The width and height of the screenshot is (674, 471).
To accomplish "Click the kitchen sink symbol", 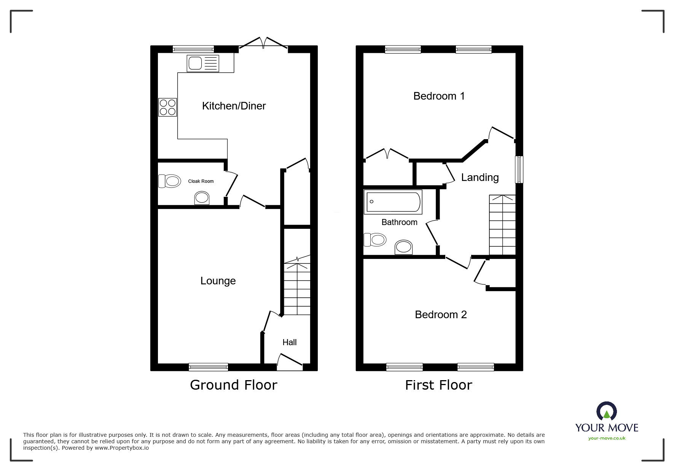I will (203, 63).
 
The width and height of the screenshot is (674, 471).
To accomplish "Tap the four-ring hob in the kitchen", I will (168, 107).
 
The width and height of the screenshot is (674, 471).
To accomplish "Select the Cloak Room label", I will (201, 181).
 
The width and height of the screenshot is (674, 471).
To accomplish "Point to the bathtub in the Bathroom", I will (393, 201).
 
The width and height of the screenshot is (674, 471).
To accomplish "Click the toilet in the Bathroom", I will (375, 239).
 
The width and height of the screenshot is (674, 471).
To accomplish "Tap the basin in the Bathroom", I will (403, 247).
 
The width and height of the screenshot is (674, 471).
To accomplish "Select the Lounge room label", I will (218, 281).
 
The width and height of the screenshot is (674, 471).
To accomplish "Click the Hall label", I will (289, 343).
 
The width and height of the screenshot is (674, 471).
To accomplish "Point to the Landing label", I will (480, 178).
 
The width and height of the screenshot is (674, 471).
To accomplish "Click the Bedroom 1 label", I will (439, 96).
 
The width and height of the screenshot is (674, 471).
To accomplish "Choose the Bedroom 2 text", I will (441, 315).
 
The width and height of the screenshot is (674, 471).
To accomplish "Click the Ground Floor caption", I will (233, 385).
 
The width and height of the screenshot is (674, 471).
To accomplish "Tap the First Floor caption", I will (438, 385).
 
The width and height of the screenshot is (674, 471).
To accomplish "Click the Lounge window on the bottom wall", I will (208, 367).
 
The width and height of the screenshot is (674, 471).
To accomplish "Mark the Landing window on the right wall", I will (519, 170).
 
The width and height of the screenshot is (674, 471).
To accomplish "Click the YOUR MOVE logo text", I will (607, 428).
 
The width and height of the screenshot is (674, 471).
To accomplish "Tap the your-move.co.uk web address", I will (607, 438).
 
